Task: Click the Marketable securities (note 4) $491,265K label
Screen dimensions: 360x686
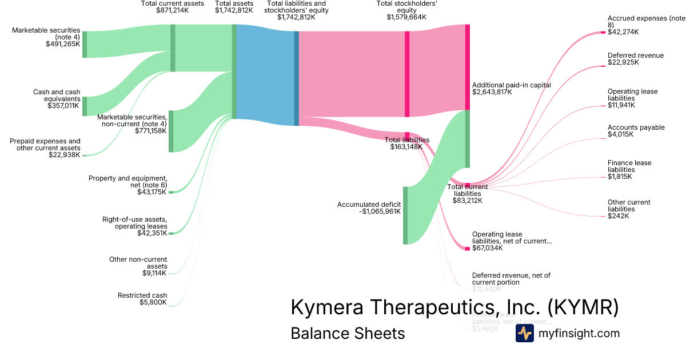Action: click(x=46, y=37)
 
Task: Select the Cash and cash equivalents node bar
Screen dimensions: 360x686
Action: click(x=85, y=106)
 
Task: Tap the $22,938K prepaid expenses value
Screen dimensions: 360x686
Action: click(x=65, y=155)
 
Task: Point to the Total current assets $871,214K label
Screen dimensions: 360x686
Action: click(x=172, y=7)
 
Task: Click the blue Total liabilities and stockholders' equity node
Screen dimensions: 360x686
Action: click(x=297, y=78)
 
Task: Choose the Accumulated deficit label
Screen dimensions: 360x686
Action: click(x=369, y=208)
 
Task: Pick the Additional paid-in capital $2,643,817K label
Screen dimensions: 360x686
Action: click(x=511, y=89)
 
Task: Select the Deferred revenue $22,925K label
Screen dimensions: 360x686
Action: click(x=635, y=59)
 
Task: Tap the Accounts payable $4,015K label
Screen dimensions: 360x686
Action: click(x=636, y=131)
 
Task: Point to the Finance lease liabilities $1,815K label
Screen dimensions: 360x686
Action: click(x=629, y=170)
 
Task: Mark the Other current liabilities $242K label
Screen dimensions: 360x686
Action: click(x=629, y=209)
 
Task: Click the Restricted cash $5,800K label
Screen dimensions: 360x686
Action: click(x=142, y=299)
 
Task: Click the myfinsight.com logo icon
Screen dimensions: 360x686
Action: click(x=524, y=333)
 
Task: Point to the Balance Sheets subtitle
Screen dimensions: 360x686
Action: click(x=348, y=333)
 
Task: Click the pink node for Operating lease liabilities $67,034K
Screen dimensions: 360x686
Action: click(x=467, y=249)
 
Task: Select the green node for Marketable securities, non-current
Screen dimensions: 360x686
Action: click(x=171, y=131)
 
